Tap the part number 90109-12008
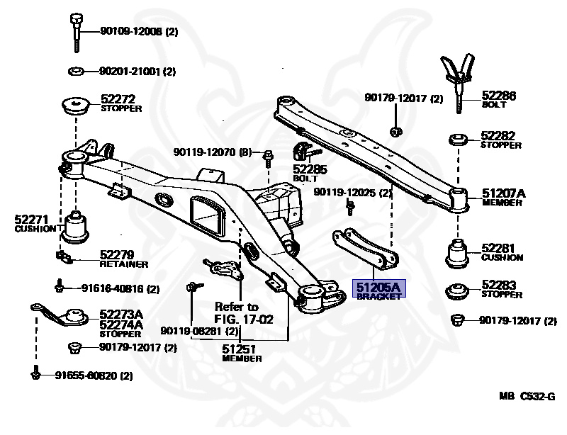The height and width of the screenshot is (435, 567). coord(131,30)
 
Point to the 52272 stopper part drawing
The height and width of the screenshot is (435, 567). coord(76,106)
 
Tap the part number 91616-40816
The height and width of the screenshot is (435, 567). coord(113,288)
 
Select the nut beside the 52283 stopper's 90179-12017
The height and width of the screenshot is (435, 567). coord(457,320)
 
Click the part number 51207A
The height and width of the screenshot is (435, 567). coord(503,193)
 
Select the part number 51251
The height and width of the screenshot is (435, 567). coord(239,349)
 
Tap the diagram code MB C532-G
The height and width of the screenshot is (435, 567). coord(524,414)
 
